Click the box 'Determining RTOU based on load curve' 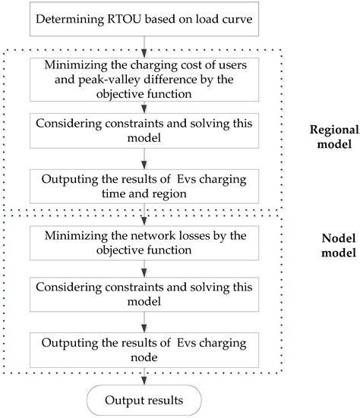(x=144, y=20)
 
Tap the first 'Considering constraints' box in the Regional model (x=144, y=130)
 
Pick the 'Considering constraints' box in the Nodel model (x=144, y=294)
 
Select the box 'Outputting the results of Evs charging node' (x=144, y=347)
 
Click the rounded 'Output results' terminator (x=144, y=400)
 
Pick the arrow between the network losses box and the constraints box (x=144, y=267)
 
